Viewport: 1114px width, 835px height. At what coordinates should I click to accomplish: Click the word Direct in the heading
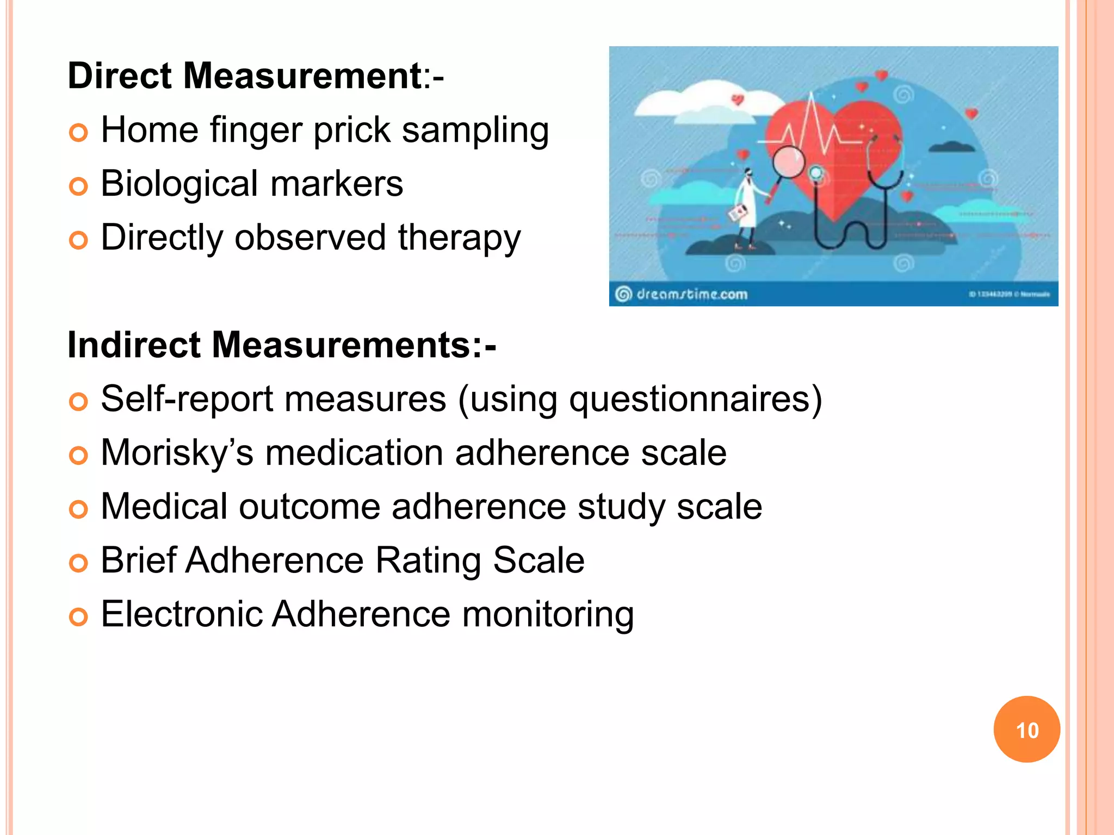120,76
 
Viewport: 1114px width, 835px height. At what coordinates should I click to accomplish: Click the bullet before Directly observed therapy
78,240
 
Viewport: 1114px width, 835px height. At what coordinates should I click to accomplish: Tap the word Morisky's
177,453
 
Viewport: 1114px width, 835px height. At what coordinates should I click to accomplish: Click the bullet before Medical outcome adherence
78,509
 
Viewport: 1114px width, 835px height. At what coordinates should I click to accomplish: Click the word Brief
138,560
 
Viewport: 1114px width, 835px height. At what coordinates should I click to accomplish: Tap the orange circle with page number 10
1026,730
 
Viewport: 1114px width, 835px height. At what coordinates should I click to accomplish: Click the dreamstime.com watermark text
691,295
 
